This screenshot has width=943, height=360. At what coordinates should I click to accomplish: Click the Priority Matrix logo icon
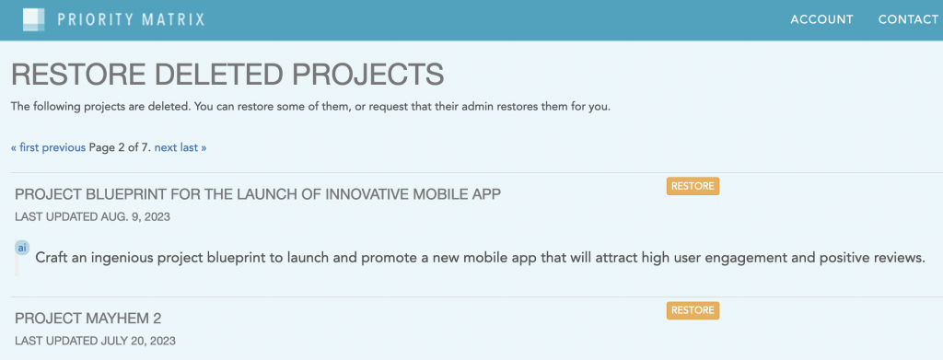point(33,18)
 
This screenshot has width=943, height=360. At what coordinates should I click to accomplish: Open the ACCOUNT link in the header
point(821,19)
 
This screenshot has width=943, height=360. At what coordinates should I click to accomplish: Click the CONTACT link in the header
point(908,19)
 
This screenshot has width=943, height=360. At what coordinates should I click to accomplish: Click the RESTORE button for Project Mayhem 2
point(693,310)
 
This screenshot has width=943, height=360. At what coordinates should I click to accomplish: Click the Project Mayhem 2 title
point(88,319)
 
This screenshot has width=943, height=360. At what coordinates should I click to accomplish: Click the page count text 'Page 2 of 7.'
point(120,147)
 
